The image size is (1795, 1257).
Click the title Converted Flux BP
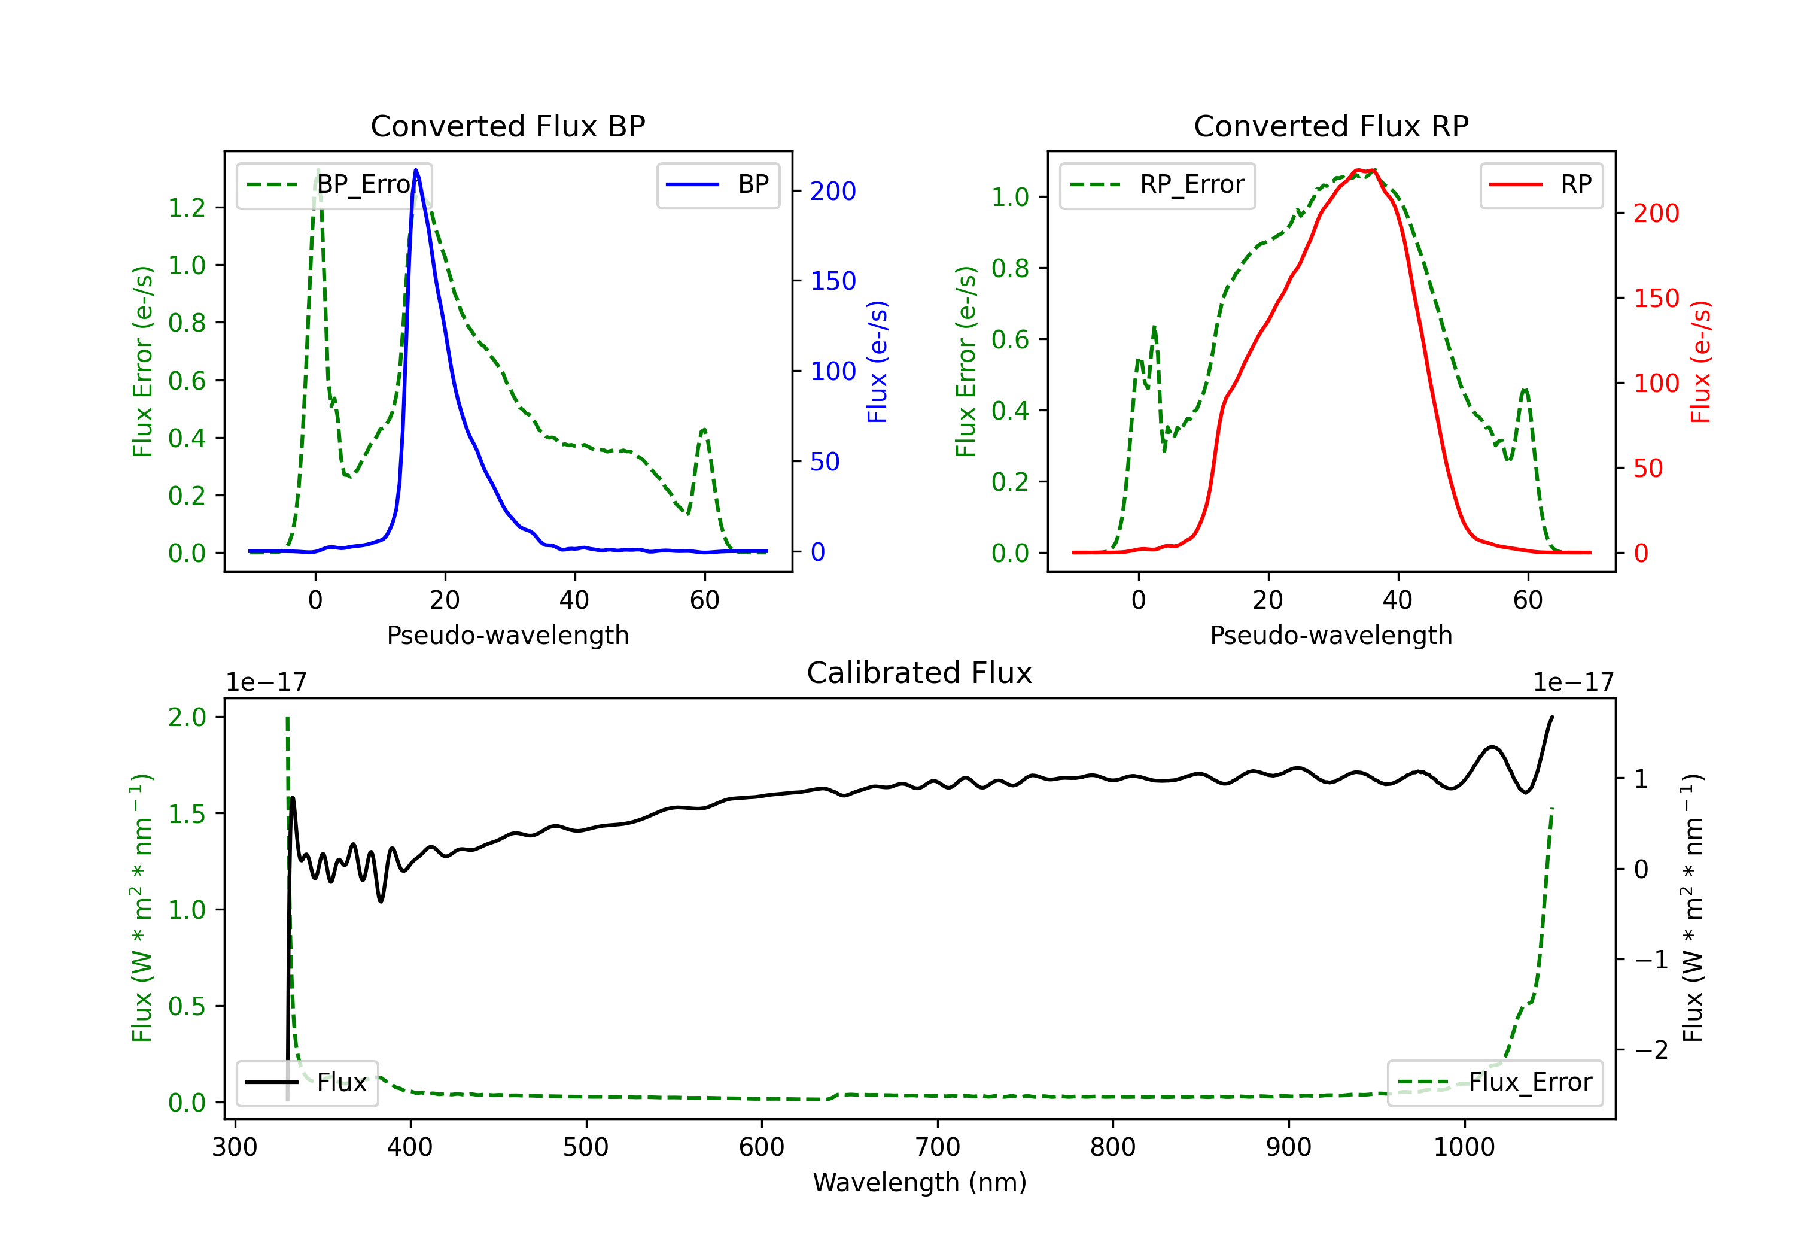[x=507, y=126]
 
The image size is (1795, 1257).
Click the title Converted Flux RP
[x=1331, y=126]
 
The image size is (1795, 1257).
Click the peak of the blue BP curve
[x=416, y=170]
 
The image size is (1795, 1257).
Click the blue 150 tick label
[x=833, y=281]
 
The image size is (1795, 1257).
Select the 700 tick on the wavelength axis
[x=938, y=1147]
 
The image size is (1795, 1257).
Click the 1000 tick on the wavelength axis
[x=1464, y=1147]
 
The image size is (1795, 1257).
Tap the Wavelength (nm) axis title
[x=920, y=1182]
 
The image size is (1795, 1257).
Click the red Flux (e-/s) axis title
[x=1701, y=362]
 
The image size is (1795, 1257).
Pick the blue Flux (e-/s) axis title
[x=878, y=362]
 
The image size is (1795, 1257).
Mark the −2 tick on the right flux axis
[x=1652, y=1050]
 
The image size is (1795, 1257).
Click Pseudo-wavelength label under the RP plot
[x=1331, y=635]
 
